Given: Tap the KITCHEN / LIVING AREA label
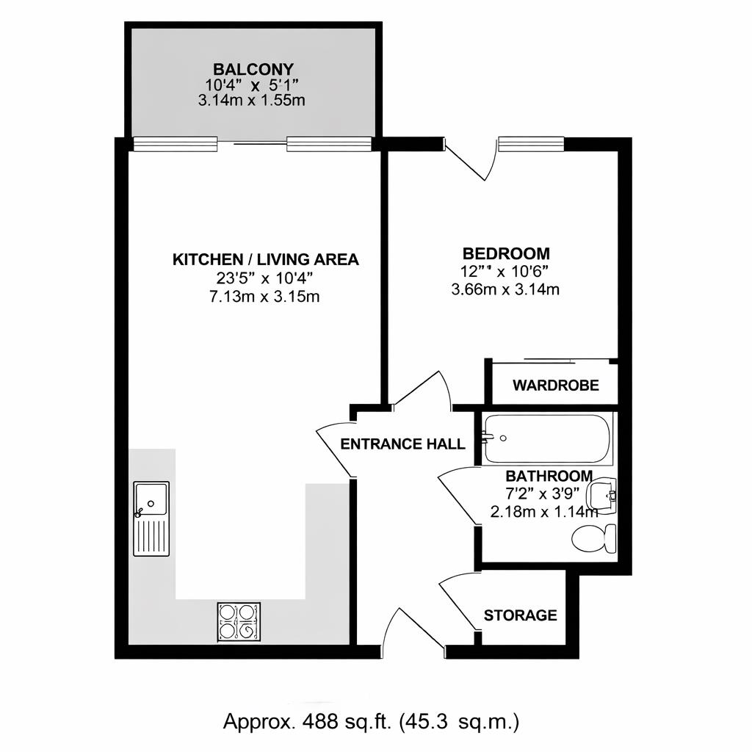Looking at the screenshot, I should click(265, 259).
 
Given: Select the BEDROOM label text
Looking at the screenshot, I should click(505, 253).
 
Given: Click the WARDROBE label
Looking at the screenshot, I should click(555, 385).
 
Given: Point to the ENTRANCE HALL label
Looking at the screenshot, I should click(403, 444).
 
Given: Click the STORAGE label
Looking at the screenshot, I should click(520, 615).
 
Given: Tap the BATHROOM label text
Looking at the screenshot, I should click(549, 476).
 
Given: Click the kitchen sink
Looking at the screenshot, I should click(151, 518).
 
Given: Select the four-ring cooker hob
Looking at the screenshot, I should click(239, 621).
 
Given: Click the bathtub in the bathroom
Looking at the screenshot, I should click(547, 438).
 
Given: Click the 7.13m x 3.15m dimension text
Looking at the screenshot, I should click(265, 297).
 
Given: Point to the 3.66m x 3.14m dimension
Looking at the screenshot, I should click(505, 289).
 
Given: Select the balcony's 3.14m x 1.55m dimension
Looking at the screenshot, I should click(251, 101).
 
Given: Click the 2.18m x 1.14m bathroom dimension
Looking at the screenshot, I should click(544, 512).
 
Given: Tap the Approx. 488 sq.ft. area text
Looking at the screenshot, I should click(372, 721).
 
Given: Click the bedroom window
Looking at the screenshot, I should click(530, 145).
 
